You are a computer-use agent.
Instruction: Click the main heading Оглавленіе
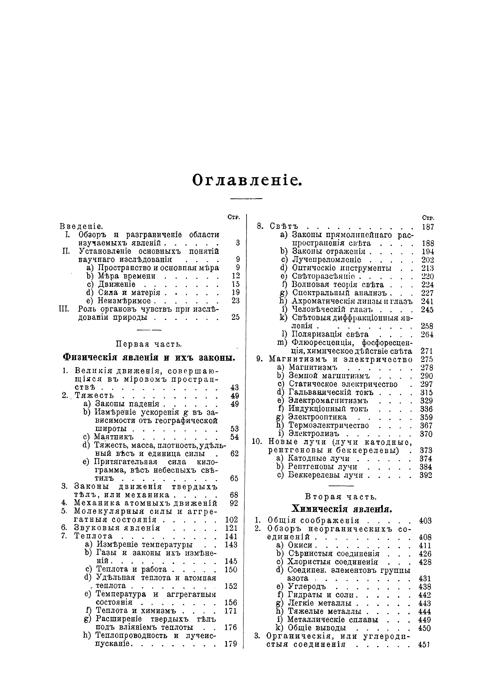[x=247, y=181]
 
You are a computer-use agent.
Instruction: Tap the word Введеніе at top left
[x=81, y=226]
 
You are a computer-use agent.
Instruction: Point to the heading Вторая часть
[x=341, y=497]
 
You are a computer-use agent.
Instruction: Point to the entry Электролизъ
[x=314, y=433]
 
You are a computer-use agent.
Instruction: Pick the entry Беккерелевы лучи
[x=325, y=475]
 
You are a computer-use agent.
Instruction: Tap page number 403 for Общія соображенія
[x=425, y=521]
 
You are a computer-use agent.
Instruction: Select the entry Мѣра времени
[x=127, y=276]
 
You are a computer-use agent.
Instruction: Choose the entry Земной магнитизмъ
[x=320, y=376]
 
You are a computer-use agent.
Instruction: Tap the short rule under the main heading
[x=246, y=199]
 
